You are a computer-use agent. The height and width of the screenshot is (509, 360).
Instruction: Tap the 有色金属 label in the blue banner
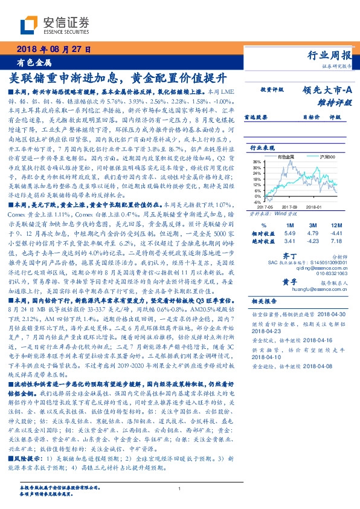tap(34, 62)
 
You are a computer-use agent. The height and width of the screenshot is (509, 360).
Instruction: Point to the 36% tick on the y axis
tap(256, 162)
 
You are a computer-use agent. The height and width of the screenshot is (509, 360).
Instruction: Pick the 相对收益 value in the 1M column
tap(289, 233)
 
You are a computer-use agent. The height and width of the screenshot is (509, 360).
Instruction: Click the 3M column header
tap(312, 225)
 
